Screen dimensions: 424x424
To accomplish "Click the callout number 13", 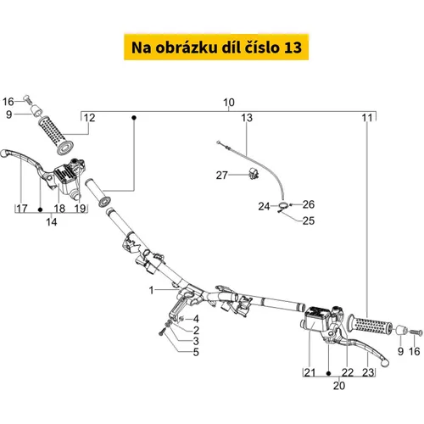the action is tap(247, 118).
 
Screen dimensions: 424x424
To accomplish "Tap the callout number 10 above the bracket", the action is tap(229, 103).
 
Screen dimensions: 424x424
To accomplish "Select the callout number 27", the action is tap(221, 176).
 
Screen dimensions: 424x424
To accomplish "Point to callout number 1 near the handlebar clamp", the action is tap(152, 290).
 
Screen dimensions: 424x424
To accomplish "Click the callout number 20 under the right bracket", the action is tap(339, 386).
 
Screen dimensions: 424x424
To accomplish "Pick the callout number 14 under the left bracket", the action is tap(51, 222).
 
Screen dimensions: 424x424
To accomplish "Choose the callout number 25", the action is tap(309, 220).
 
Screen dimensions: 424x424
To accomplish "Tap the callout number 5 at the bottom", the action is tap(196, 352).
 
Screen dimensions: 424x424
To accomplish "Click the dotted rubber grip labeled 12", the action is tap(56, 136).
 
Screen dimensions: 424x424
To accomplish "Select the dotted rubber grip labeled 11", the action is tap(371, 325).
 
